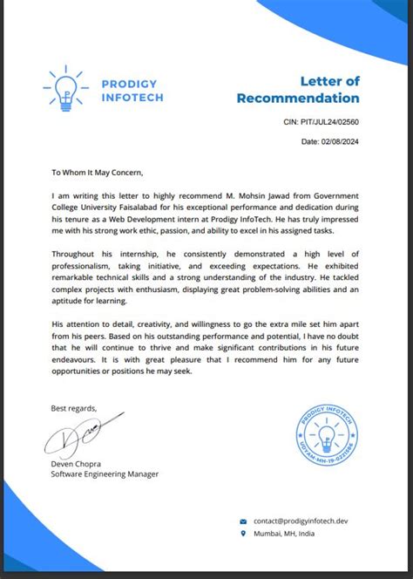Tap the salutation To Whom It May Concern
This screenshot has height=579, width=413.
coord(96,173)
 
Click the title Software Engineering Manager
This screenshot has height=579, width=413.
coord(105,474)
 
